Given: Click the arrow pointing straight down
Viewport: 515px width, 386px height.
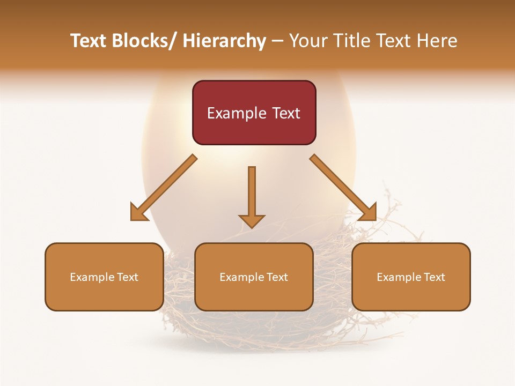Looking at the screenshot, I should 252,196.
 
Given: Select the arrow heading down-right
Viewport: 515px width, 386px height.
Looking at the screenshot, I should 343,188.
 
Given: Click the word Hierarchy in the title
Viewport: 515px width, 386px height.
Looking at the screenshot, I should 224,41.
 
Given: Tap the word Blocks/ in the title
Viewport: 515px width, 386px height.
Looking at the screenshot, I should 144,41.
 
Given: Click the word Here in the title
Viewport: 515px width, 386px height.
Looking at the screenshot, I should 438,41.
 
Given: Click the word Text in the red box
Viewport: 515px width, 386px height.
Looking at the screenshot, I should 286,113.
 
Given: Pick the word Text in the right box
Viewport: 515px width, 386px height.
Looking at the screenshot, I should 434,277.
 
